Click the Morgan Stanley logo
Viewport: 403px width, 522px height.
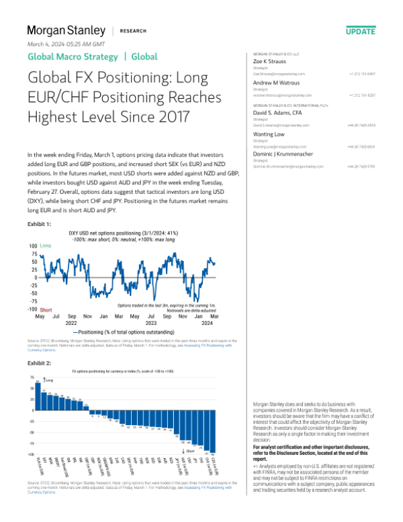[x=66, y=31]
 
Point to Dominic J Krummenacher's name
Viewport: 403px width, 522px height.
[x=289, y=153]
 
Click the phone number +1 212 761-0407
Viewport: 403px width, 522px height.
[x=362, y=73]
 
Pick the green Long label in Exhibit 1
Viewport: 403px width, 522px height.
[x=46, y=247]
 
